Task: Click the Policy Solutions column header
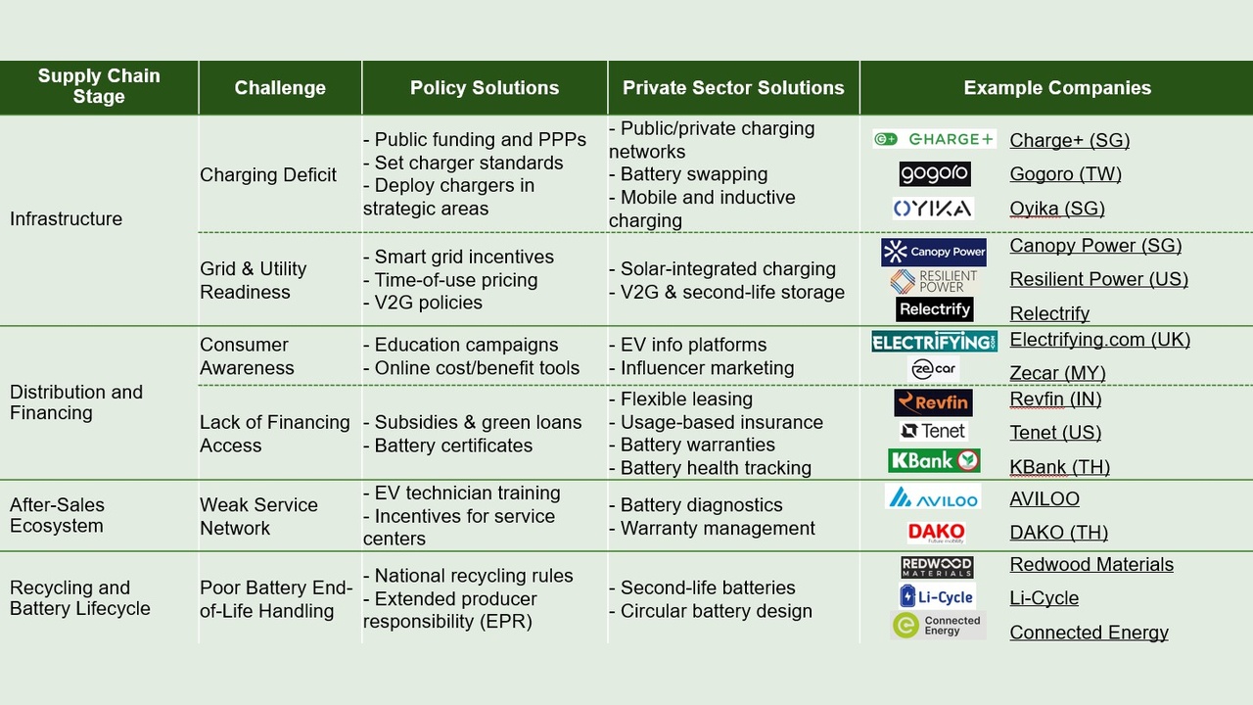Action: pyautogui.click(x=485, y=88)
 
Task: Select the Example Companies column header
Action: pyautogui.click(x=1057, y=88)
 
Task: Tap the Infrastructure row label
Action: pyautogui.click(x=66, y=218)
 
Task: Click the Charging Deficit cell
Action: pyautogui.click(x=268, y=174)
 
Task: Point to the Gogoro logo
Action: pyautogui.click(x=935, y=174)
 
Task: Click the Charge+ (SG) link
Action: pyautogui.click(x=1070, y=140)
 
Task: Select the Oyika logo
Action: pyautogui.click(x=933, y=209)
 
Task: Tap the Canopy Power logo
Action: pyautogui.click(x=934, y=252)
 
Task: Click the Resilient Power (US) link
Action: pyautogui.click(x=1098, y=279)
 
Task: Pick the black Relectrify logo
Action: pyautogui.click(x=934, y=309)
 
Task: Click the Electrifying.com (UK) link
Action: pyautogui.click(x=1099, y=339)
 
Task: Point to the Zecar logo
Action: pyautogui.click(x=933, y=369)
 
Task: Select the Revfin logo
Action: pyautogui.click(x=933, y=402)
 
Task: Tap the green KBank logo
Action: pyautogui.click(x=934, y=460)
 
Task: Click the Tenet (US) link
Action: pyautogui.click(x=1055, y=432)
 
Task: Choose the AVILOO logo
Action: pyautogui.click(x=933, y=496)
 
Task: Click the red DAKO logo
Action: pyautogui.click(x=937, y=532)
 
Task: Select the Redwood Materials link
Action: pyautogui.click(x=1091, y=564)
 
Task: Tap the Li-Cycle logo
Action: pyautogui.click(x=937, y=596)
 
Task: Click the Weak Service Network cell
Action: pyautogui.click(x=258, y=516)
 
